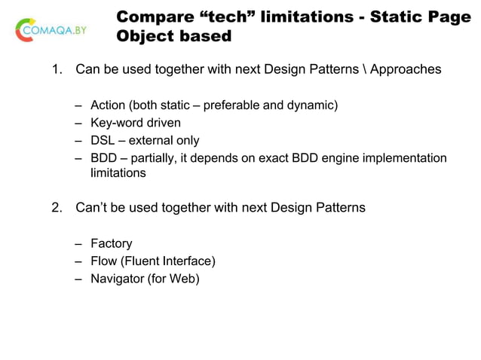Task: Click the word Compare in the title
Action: click(153, 17)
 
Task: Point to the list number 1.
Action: click(56, 70)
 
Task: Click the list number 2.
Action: click(56, 207)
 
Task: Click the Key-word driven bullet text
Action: click(136, 123)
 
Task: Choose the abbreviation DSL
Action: click(103, 140)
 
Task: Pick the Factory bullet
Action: click(111, 243)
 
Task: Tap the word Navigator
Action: click(118, 279)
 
